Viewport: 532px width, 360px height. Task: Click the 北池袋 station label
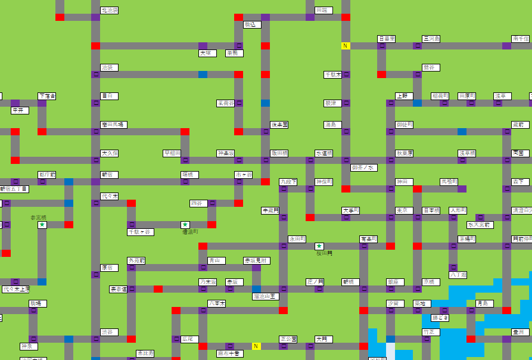[x=109, y=10]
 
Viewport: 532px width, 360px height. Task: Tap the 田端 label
[x=323, y=10]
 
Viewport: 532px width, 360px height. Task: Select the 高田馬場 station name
[x=113, y=125]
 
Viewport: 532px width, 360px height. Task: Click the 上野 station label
[x=404, y=96]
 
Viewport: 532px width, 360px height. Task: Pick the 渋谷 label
[x=109, y=332]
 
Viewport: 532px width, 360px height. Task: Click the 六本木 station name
[x=216, y=303]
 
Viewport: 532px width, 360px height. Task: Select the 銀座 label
[x=395, y=282]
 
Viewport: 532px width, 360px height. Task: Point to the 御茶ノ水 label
[x=363, y=167]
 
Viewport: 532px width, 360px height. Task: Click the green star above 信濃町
[x=185, y=225]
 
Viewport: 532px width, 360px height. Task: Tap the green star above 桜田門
[x=319, y=246]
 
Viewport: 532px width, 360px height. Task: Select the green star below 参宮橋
[x=42, y=225]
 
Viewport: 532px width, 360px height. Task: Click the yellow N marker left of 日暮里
[x=346, y=46]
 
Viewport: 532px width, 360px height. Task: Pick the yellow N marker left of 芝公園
[x=256, y=346]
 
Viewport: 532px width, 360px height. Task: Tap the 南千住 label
[x=521, y=39]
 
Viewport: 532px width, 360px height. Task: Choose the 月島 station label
[x=484, y=303]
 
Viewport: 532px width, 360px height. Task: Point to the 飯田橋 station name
[x=279, y=153]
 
